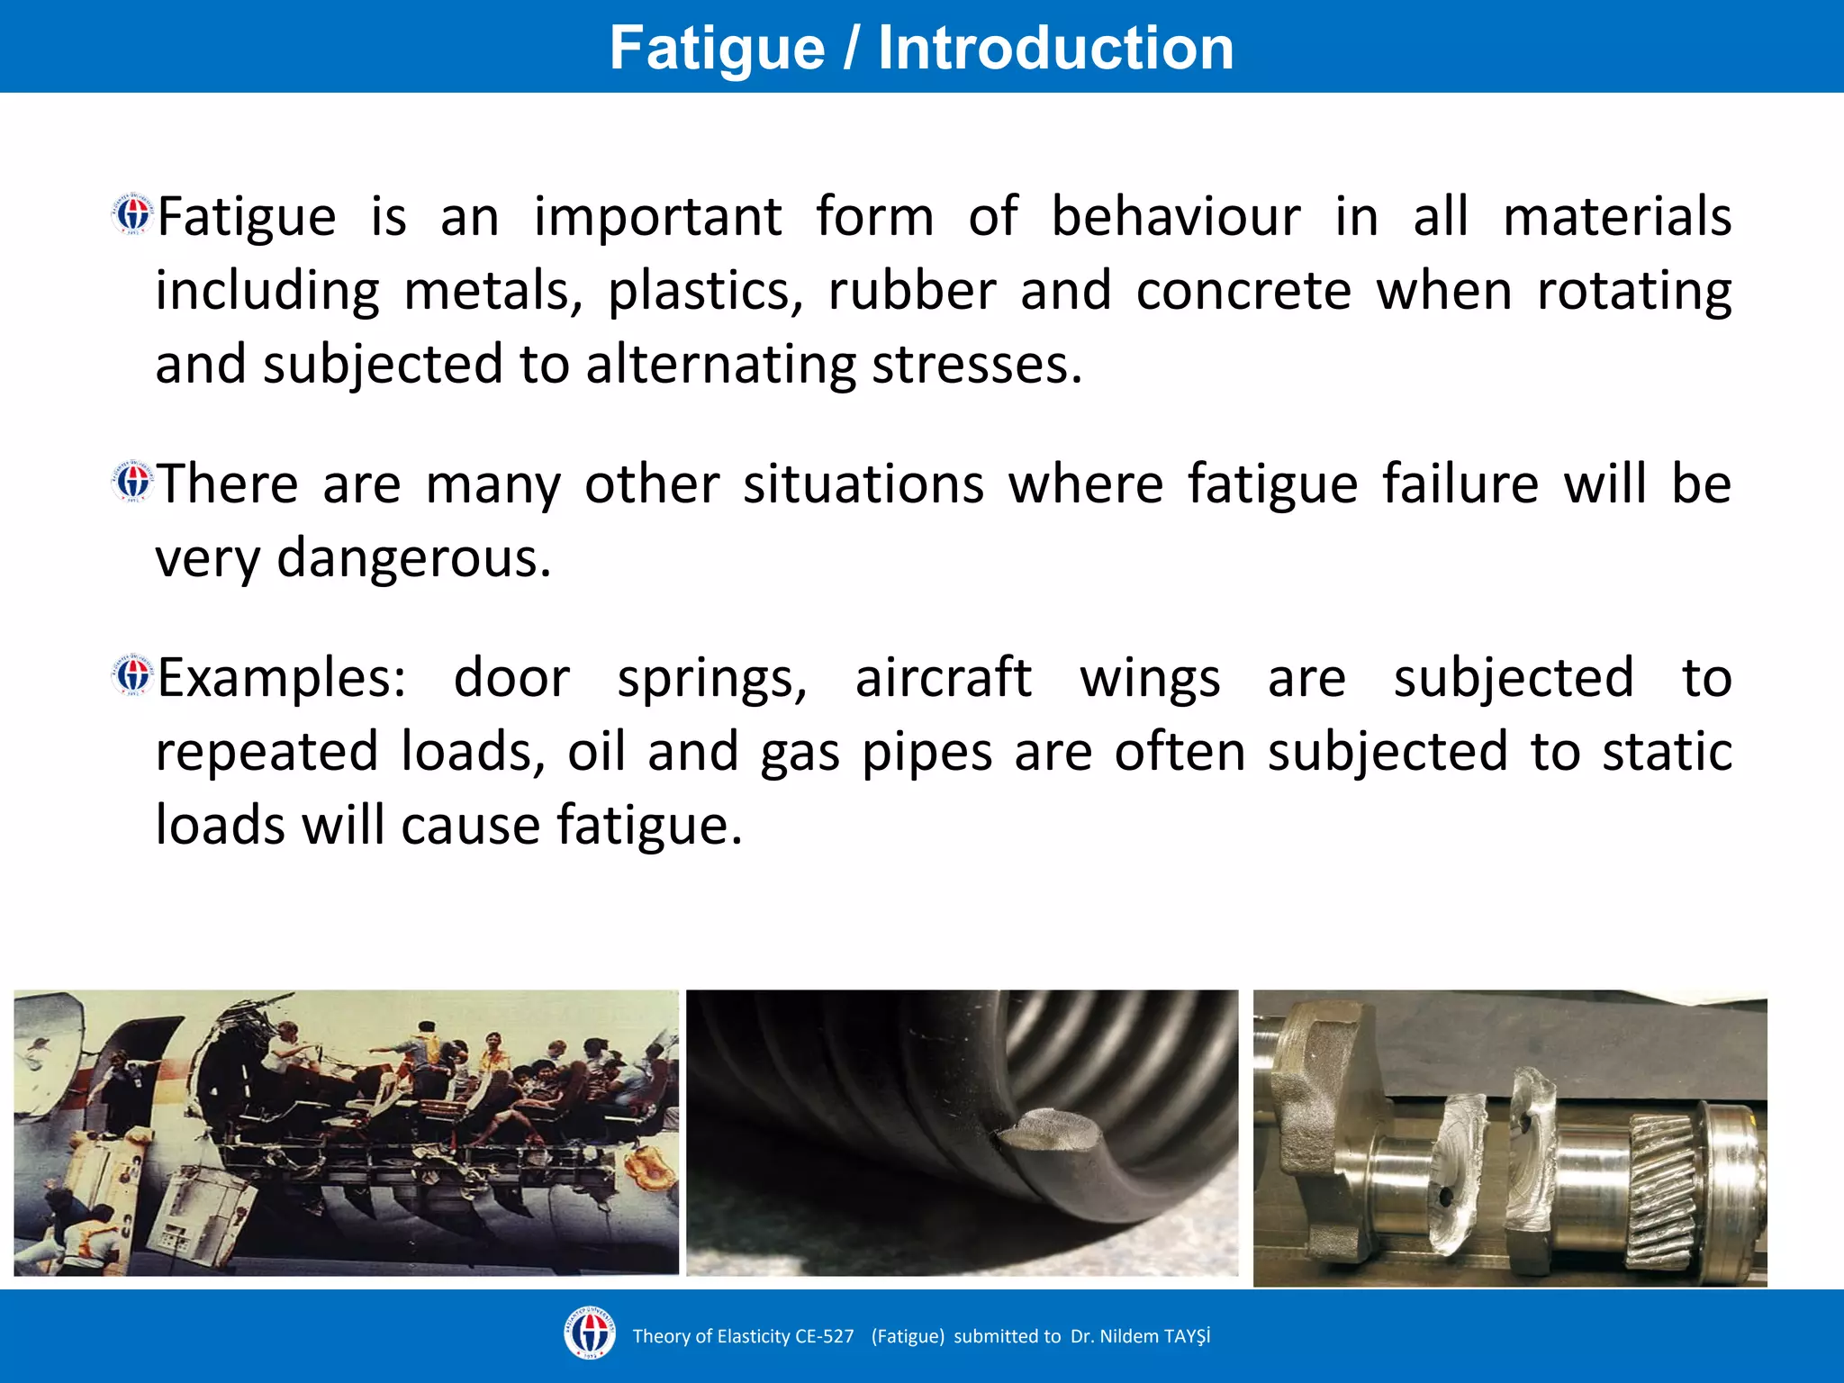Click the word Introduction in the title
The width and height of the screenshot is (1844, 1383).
pyautogui.click(x=1055, y=48)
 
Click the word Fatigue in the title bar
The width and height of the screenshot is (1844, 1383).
pyautogui.click(x=717, y=48)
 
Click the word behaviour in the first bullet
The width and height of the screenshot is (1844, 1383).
pyautogui.click(x=1176, y=217)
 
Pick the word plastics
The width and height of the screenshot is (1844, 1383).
pyautogui.click(x=706, y=292)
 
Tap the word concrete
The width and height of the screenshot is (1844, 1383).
pyautogui.click(x=1243, y=292)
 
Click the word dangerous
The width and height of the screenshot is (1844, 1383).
pyautogui.click(x=413, y=558)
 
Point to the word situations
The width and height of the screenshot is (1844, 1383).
pyautogui.click(x=863, y=484)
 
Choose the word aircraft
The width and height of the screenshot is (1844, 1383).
pyautogui.click(x=943, y=678)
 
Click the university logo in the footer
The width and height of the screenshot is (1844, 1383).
pyautogui.click(x=590, y=1333)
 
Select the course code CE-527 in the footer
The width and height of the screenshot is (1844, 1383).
pyautogui.click(x=824, y=1336)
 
